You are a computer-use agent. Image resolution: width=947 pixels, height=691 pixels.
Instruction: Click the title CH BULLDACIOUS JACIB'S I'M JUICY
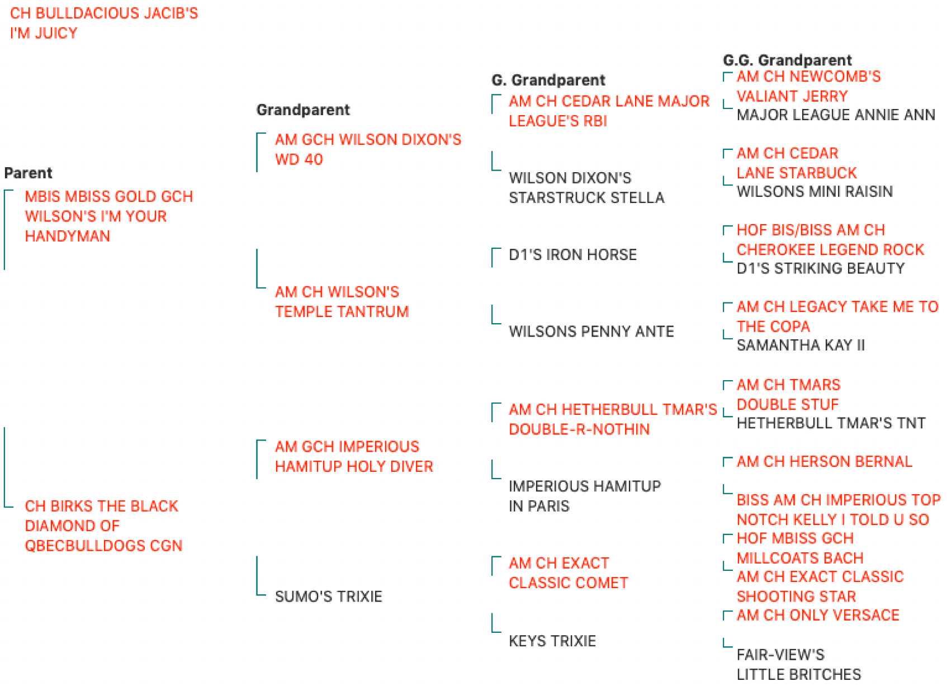click(104, 23)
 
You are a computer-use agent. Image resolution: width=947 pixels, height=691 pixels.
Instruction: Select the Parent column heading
click(28, 173)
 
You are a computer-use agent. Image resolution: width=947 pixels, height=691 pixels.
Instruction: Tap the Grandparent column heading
click(303, 110)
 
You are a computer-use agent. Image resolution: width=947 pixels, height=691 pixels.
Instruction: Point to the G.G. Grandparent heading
click(787, 60)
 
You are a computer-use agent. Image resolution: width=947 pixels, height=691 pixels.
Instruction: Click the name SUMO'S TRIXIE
click(329, 597)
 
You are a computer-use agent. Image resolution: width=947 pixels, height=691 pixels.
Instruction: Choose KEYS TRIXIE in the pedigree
click(552, 641)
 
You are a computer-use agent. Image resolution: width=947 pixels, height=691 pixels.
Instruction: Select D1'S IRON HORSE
click(572, 254)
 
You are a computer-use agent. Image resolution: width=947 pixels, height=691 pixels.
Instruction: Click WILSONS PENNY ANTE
click(591, 331)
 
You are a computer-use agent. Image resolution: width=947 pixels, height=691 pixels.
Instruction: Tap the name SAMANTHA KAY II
click(801, 345)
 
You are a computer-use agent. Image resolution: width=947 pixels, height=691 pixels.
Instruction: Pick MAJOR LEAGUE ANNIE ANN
click(836, 115)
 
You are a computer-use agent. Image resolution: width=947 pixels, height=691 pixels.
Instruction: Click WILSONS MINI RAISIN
click(815, 192)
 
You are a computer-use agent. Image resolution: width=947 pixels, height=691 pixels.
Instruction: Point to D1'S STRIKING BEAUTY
click(821, 268)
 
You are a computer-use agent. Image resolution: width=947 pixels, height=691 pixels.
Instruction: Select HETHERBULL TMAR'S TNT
click(831, 423)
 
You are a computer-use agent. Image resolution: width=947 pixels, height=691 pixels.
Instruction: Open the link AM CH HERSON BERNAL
click(824, 461)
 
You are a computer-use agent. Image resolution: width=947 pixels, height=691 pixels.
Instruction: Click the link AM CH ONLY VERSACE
click(818, 615)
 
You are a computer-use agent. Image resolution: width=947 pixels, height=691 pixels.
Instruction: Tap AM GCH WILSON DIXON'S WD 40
click(368, 149)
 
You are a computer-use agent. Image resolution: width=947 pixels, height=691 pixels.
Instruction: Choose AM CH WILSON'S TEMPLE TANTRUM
click(342, 301)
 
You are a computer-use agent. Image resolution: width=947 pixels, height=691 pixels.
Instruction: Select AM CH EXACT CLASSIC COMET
click(568, 573)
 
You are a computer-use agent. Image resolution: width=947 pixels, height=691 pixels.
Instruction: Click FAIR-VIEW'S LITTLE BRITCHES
click(799, 664)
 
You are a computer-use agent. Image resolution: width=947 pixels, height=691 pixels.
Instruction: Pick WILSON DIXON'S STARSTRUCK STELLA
click(586, 188)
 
